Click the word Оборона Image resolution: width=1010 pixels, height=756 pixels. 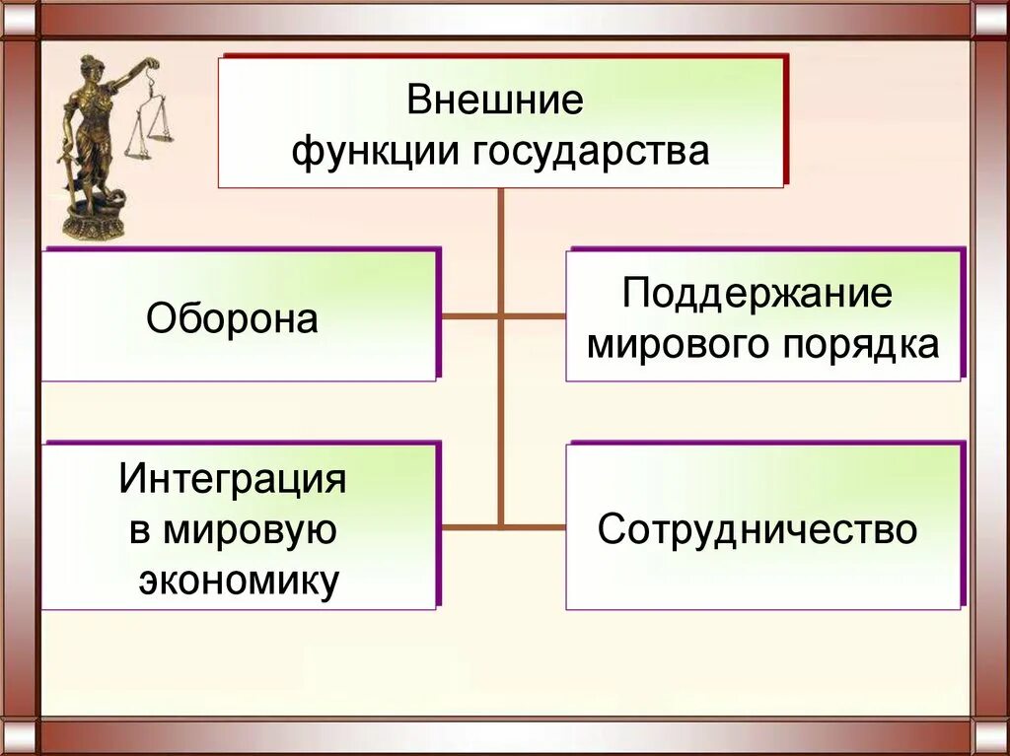(x=233, y=319)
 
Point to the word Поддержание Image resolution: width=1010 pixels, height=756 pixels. (x=757, y=294)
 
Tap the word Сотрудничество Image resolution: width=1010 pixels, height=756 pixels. (x=757, y=529)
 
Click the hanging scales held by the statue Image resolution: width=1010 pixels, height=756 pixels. (x=149, y=123)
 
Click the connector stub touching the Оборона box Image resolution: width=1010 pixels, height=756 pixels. (x=469, y=316)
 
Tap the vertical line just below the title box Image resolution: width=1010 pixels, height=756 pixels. (x=501, y=212)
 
